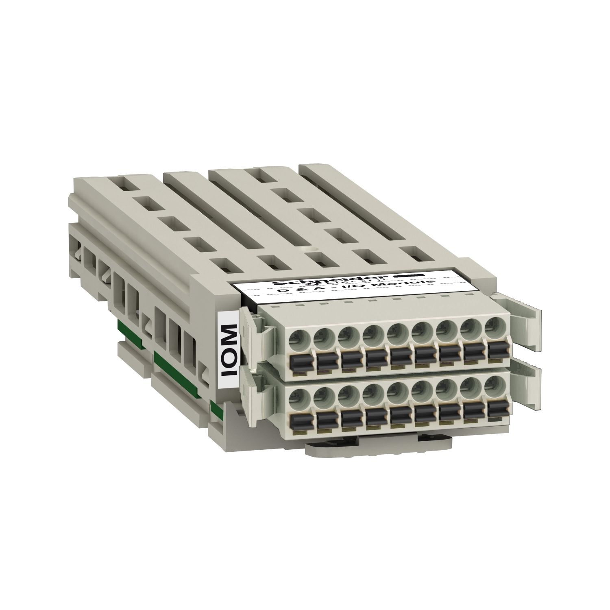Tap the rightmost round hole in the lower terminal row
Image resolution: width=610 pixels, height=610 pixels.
[494, 384]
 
